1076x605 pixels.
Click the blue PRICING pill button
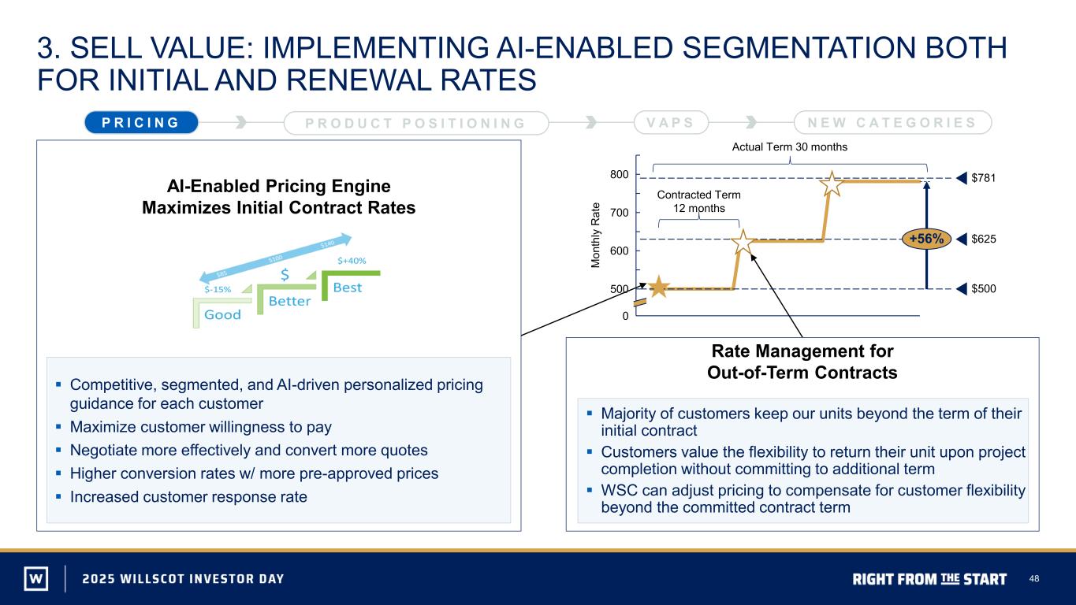[x=141, y=122]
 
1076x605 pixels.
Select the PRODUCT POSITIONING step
[x=416, y=123]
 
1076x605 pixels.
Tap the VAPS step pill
[x=671, y=122]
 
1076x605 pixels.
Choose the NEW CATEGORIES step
[x=892, y=122]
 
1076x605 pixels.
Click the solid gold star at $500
[x=658, y=287]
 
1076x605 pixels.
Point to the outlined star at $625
[x=743, y=242]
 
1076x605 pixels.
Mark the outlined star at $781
[x=832, y=184]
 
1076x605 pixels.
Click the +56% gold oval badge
[x=926, y=239]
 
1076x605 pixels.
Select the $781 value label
[x=983, y=178]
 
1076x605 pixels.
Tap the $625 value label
[x=983, y=239]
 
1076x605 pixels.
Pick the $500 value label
[x=983, y=288]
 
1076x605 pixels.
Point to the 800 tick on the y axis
[x=619, y=174]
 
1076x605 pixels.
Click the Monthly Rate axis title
[x=595, y=236]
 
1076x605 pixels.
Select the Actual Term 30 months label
[x=789, y=147]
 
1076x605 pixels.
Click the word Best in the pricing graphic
[x=348, y=288]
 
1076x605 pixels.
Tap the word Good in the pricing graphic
[x=222, y=315]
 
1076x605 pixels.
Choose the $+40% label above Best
[x=352, y=261]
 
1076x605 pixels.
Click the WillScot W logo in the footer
[x=36, y=578]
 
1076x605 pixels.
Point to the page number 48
[x=1033, y=579]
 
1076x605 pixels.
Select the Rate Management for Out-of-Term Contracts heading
[x=802, y=362]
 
